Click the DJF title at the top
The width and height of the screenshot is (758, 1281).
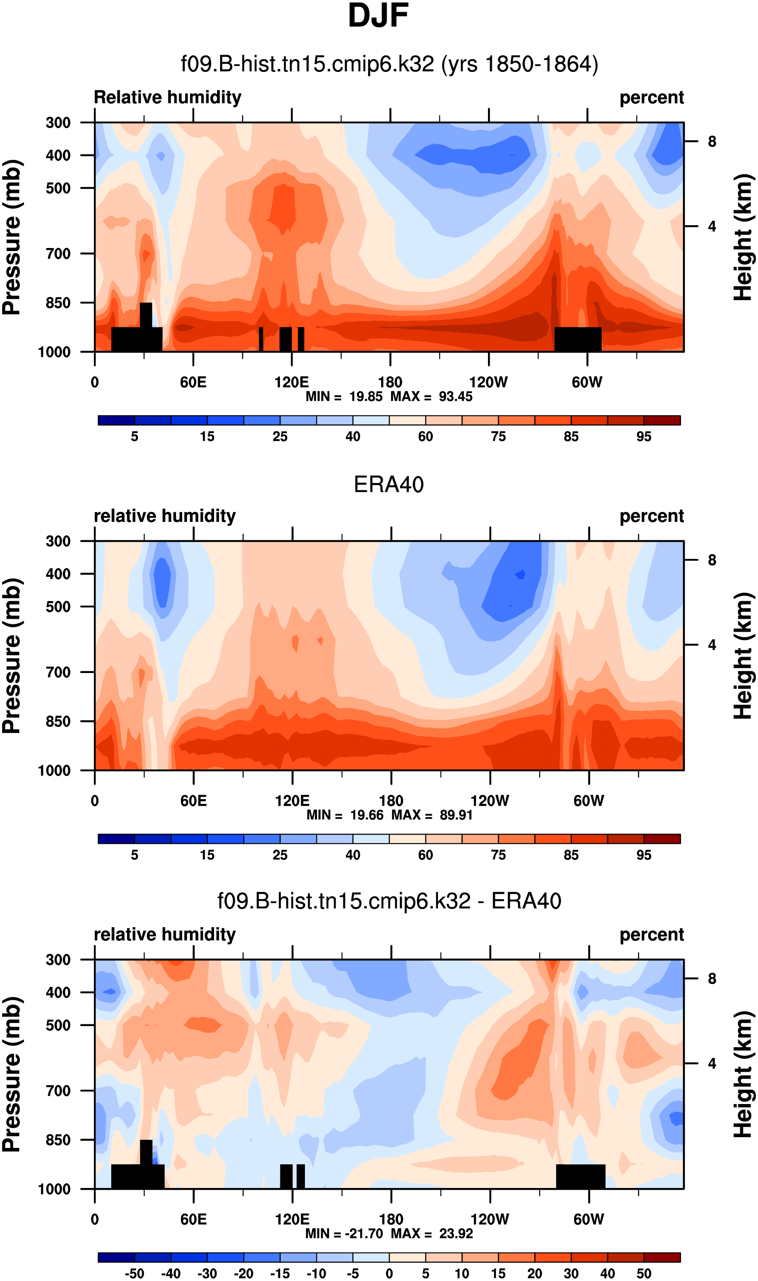point(378,16)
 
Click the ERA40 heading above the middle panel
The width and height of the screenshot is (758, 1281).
point(389,484)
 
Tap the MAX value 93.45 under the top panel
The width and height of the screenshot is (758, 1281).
point(456,397)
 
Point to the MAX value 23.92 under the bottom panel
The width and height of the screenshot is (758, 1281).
point(456,1234)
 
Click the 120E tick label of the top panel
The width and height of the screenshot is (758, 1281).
point(292,382)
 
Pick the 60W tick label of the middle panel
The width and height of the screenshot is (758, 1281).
point(588,800)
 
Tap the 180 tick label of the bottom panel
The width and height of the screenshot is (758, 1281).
point(391,1219)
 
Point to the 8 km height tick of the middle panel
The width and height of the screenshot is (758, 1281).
point(712,560)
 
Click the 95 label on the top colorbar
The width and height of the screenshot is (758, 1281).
point(643,437)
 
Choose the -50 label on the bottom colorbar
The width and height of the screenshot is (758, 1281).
point(134,1274)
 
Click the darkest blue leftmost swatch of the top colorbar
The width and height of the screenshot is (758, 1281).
point(116,420)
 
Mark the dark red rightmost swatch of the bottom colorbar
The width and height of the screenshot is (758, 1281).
point(662,1257)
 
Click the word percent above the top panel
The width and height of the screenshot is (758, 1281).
point(651,97)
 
